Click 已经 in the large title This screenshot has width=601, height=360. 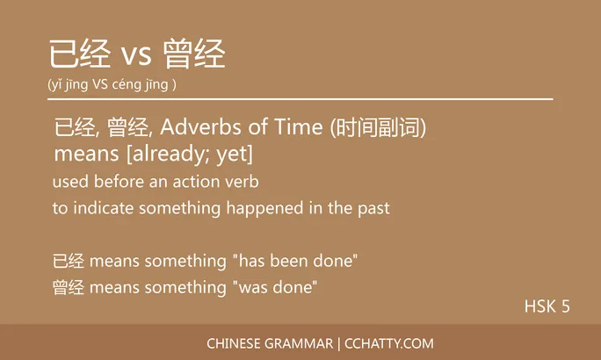(x=80, y=54)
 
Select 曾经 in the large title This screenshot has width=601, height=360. (x=195, y=54)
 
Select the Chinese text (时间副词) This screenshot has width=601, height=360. (x=378, y=127)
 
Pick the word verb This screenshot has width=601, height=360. (x=242, y=183)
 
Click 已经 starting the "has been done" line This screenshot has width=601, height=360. (x=69, y=261)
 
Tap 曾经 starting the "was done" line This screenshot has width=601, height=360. (x=69, y=287)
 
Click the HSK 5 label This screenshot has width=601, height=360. (x=547, y=306)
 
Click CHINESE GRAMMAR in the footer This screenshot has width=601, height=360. (x=270, y=343)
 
